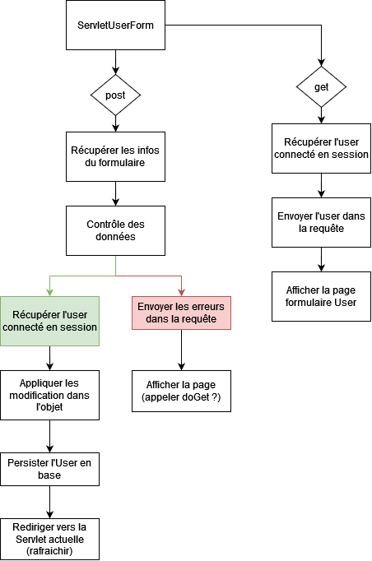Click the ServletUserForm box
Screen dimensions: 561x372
[x=115, y=25]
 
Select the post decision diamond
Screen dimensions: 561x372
[x=115, y=95]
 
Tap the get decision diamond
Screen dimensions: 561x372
[x=321, y=86]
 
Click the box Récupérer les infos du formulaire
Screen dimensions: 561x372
[x=115, y=156]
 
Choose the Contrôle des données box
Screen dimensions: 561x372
[x=115, y=230]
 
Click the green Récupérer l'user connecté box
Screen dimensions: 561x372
[x=50, y=321]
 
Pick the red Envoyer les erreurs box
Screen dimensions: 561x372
[x=181, y=313]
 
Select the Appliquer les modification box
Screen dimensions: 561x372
[x=50, y=395]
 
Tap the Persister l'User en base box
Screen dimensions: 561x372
[x=50, y=469]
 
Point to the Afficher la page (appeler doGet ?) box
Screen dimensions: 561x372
[x=181, y=391]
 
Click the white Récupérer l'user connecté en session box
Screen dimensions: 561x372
[x=321, y=148]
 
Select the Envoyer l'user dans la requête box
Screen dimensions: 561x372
[x=321, y=222]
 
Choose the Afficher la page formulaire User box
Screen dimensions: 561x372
[x=321, y=296]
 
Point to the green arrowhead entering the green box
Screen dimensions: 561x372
[x=50, y=292]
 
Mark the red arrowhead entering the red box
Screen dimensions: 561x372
[x=181, y=292]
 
